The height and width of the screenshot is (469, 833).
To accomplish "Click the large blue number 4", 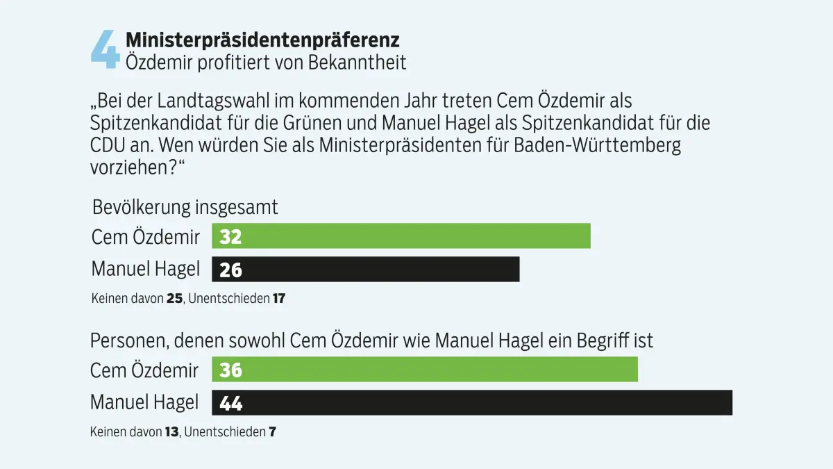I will [106, 50].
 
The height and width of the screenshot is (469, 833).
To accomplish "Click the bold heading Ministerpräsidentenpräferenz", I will [262, 40].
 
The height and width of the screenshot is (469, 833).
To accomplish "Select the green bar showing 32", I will [401, 236].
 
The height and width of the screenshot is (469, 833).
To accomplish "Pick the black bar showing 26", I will [366, 269].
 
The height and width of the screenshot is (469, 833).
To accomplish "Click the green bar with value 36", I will [425, 369].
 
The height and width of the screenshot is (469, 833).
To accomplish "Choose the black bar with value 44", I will [472, 402].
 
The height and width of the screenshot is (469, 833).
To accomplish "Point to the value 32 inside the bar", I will [230, 236].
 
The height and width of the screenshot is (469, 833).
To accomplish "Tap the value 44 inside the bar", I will [231, 403].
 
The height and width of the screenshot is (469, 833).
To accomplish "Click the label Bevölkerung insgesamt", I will [185, 207].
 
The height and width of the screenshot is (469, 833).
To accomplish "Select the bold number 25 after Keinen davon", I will [174, 299].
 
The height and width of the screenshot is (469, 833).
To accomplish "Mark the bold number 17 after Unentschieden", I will [279, 299].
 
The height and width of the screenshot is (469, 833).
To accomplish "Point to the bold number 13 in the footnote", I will [172, 431].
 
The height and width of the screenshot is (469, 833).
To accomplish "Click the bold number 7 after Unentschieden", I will [273, 431].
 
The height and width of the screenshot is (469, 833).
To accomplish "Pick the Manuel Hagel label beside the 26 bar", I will [146, 269].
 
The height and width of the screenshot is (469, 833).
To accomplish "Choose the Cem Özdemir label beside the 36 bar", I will [144, 370].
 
